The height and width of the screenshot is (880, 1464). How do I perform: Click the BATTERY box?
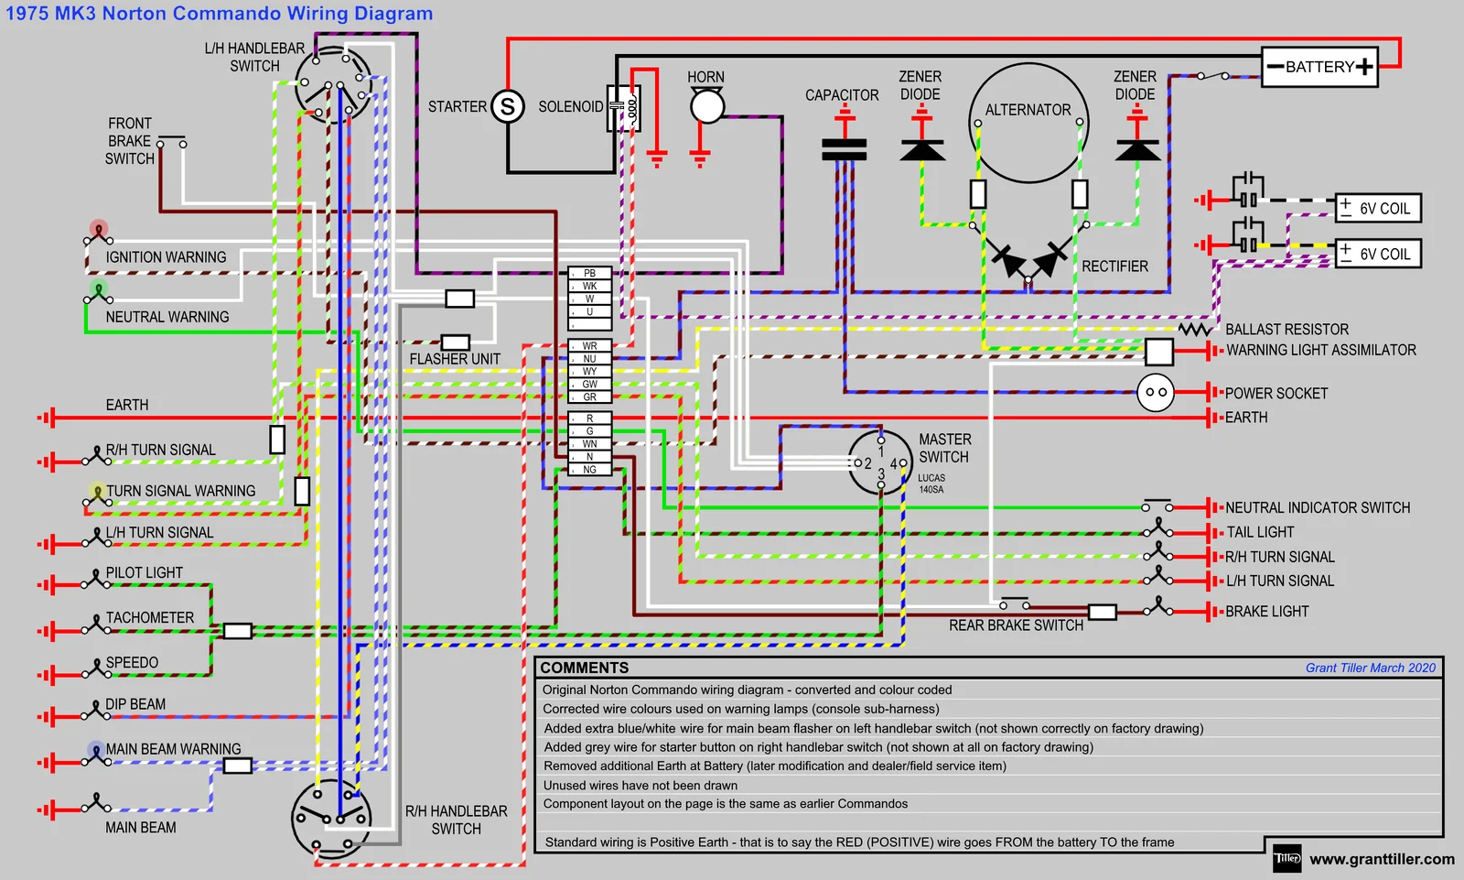pyautogui.click(x=1319, y=67)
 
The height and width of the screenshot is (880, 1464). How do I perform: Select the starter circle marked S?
pyautogui.click(x=508, y=106)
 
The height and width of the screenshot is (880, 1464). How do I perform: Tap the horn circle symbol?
pyautogui.click(x=706, y=106)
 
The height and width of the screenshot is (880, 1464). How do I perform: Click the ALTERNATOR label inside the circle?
pyautogui.click(x=1028, y=110)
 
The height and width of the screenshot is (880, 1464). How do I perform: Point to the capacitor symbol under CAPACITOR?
pyautogui.click(x=844, y=148)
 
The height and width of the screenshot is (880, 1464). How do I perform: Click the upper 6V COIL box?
pyautogui.click(x=1378, y=209)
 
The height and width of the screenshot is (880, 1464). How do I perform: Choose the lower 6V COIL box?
pyautogui.click(x=1378, y=254)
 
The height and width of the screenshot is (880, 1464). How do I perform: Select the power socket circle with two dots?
pyautogui.click(x=1156, y=393)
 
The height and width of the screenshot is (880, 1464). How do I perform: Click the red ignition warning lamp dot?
pyautogui.click(x=99, y=228)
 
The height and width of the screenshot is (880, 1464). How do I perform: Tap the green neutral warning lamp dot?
pyautogui.click(x=99, y=289)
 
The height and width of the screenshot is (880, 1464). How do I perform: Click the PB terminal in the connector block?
pyautogui.click(x=590, y=273)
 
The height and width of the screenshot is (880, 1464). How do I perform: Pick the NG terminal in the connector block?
pyautogui.click(x=590, y=470)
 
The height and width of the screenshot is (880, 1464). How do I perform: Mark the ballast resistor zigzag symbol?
pyautogui.click(x=1194, y=329)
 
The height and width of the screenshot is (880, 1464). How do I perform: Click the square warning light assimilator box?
pyautogui.click(x=1158, y=351)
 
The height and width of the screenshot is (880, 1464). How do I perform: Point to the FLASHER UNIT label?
pyautogui.click(x=455, y=359)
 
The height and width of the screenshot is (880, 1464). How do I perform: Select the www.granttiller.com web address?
pyautogui.click(x=1382, y=859)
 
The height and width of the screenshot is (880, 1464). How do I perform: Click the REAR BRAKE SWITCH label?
pyautogui.click(x=1016, y=625)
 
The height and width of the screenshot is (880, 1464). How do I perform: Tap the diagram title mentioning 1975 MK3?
pyautogui.click(x=220, y=14)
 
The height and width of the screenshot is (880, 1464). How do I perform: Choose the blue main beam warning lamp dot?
pyautogui.click(x=96, y=749)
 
